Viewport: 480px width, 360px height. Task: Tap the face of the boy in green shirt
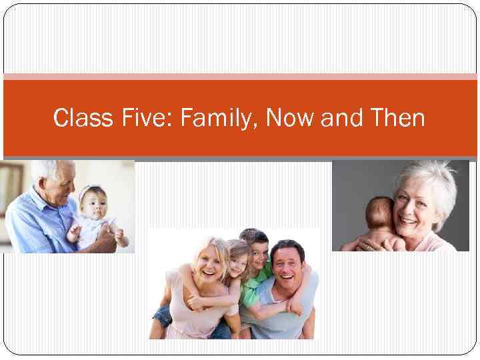(257, 251)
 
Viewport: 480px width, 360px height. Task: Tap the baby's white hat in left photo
(89, 191)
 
